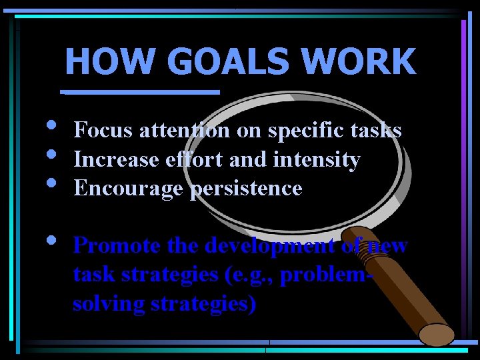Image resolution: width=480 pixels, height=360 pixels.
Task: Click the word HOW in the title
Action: pos(93,61)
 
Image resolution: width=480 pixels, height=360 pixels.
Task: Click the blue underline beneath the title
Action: pos(140,92)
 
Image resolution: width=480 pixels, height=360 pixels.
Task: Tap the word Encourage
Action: pos(129,189)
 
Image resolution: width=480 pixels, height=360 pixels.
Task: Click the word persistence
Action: pos(246,189)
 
